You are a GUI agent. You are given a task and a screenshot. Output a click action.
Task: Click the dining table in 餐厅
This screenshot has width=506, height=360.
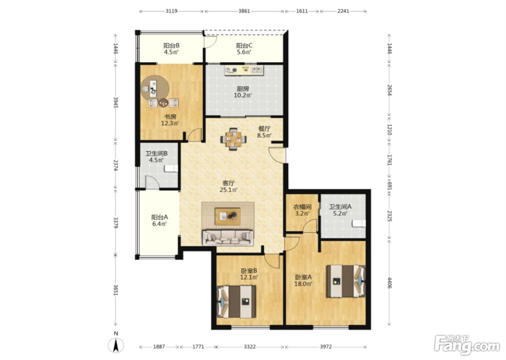coord(233,139)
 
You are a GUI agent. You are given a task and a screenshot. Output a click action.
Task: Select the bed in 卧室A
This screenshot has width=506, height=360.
coord(346,281)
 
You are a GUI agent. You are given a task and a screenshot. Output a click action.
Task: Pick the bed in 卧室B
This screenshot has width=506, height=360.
coord(236,302)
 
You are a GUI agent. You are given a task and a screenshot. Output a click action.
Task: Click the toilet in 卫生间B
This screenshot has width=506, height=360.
coord(171,168)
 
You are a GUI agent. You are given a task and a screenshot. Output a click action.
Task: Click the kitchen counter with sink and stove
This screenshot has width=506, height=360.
coord(244,70)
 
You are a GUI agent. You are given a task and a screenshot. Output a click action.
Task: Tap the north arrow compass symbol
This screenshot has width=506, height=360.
coord(116,345)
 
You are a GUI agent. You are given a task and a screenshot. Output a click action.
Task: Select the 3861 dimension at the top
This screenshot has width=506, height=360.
coord(244,11)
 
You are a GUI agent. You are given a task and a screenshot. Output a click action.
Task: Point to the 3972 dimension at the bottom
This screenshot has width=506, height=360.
coord(326,347)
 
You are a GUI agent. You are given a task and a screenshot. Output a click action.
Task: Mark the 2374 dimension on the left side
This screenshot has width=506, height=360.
coord(116,165)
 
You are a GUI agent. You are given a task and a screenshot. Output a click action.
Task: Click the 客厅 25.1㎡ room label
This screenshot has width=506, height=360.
coord(228,186)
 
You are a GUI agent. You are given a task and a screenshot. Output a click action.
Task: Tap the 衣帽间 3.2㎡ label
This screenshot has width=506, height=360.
coord(302,210)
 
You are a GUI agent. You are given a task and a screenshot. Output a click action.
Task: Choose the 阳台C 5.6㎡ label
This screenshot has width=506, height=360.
coord(244,49)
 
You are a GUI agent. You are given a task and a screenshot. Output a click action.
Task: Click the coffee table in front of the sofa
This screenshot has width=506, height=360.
coord(227,217)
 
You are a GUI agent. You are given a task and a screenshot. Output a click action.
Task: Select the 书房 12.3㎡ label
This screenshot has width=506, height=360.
coord(170,120)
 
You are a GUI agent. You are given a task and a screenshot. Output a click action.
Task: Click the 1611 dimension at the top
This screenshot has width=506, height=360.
coord(302,11)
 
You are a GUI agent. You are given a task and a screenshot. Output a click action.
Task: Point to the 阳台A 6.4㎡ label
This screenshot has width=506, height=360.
coord(159,220)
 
